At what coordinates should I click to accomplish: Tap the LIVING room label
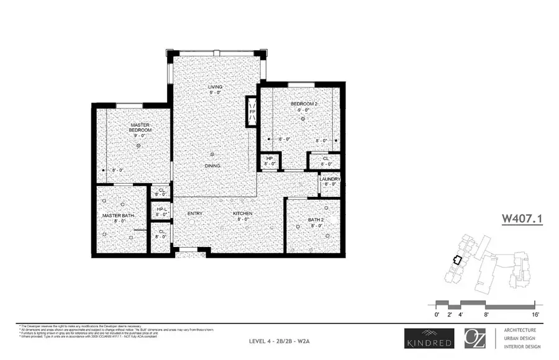click(x=215, y=86)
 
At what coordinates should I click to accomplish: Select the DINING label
click(x=213, y=166)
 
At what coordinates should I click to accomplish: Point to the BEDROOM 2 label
click(x=304, y=104)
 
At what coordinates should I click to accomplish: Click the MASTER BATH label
click(x=119, y=215)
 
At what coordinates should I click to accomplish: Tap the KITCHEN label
click(x=242, y=214)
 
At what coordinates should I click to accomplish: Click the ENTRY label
click(x=196, y=214)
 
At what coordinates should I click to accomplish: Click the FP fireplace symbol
click(x=252, y=112)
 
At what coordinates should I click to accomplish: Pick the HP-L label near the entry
click(x=161, y=209)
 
